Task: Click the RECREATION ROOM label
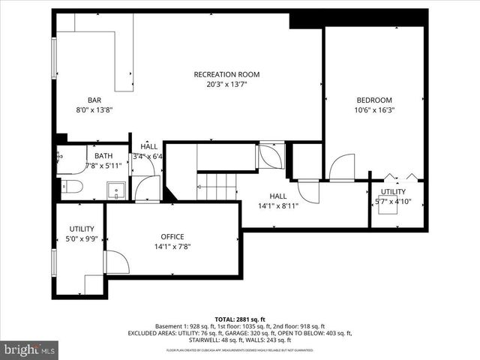coord(226,74)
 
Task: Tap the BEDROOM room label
coord(373,100)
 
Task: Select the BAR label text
coord(94,100)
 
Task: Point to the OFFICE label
coord(172,236)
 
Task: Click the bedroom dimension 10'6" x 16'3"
coord(373,109)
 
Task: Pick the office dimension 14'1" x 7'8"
coord(172,246)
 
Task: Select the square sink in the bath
coord(115,189)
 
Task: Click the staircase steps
coord(217,185)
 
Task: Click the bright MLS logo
coord(30,349)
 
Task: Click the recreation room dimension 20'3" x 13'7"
coord(226,84)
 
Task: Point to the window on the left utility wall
coord(53,262)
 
